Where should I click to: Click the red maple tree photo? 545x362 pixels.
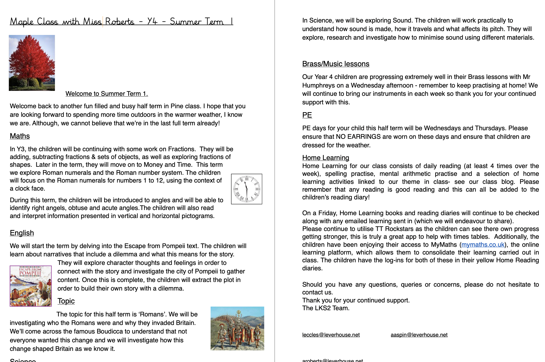tap(32, 63)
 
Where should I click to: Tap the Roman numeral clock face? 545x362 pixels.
tap(246, 189)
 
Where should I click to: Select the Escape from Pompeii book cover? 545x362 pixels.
tap(31, 286)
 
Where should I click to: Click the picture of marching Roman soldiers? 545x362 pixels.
tap(237, 328)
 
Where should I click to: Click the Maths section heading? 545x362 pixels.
tap(20, 136)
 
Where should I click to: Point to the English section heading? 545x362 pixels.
tap(22, 233)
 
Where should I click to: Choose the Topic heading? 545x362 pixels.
tap(66, 301)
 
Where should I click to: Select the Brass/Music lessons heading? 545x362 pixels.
tap(336, 64)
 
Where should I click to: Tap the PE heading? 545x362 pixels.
tap(307, 115)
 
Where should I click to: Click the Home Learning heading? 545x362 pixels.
tap(326, 157)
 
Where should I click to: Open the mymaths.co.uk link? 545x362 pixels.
tap(483, 245)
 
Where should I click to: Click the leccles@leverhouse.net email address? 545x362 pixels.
tap(331, 335)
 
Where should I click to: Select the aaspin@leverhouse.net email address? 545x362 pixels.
tap(419, 335)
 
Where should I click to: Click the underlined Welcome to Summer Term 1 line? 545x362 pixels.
tap(106, 94)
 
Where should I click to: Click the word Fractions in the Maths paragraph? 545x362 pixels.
tap(182, 149)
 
